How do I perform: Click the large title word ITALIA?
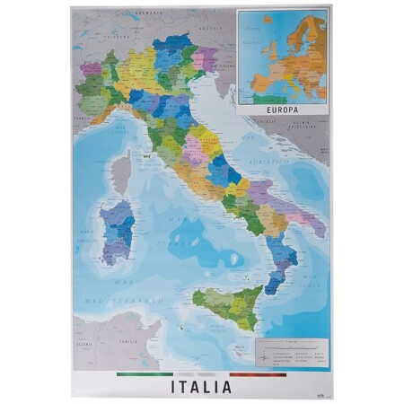tap(201, 387)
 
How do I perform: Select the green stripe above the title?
tap(144, 373)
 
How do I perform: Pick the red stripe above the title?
tap(258, 373)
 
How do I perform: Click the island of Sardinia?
tap(118, 233)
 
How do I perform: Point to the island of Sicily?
tap(227, 305)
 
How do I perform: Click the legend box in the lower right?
tap(289, 352)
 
